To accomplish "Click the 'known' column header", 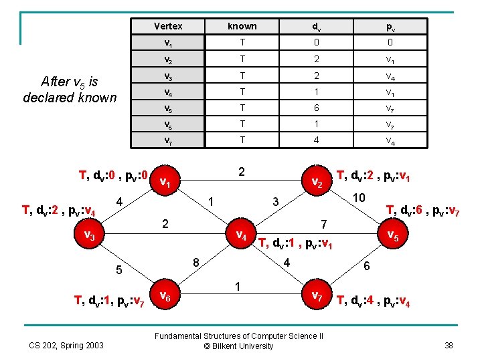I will [242, 26].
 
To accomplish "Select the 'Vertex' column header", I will [168, 26].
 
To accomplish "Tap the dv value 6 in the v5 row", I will [315, 108].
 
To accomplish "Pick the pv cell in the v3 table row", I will [390, 76].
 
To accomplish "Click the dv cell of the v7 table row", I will [315, 140].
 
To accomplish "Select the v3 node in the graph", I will [89, 235].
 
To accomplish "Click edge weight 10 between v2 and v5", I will [359, 198].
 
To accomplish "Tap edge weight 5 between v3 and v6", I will [118, 271].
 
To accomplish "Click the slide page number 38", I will [449, 345].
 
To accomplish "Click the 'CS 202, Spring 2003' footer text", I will [66, 345].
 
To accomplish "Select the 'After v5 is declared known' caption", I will [69, 90].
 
